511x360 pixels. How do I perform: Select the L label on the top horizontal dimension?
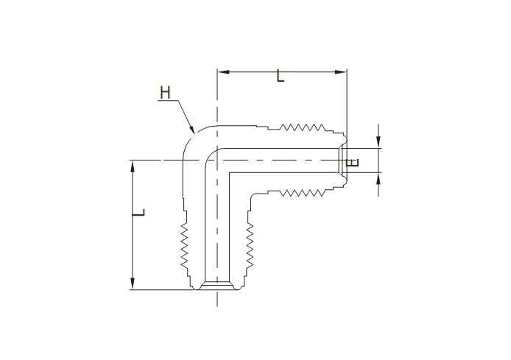tap(280, 76)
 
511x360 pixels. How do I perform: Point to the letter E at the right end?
tap(354, 162)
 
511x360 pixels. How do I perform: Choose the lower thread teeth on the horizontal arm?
tap(302, 194)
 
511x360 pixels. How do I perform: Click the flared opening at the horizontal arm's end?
tap(343, 160)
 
